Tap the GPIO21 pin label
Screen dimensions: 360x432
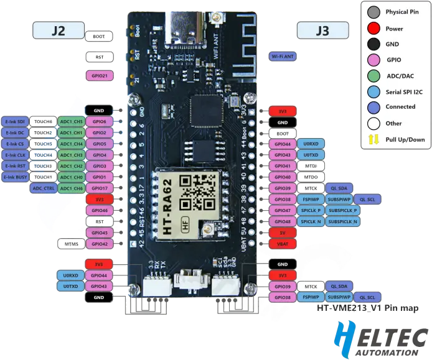point(99,76)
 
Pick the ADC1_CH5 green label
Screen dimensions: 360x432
point(71,122)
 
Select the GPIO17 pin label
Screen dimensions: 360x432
point(99,188)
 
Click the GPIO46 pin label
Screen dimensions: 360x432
point(99,211)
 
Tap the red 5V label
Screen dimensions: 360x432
point(283,233)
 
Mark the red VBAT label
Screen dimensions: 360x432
point(283,244)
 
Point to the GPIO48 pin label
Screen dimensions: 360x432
point(283,221)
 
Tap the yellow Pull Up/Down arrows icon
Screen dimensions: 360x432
point(373,139)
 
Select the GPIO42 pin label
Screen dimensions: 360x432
point(99,244)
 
